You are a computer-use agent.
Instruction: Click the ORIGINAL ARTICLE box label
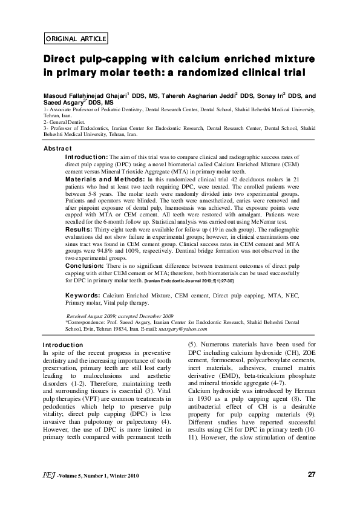pos(76,39)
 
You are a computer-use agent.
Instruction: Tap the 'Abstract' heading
pos(58,149)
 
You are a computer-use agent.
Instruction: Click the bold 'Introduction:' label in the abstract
pos(87,157)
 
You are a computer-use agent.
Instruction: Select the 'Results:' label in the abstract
pos(79,230)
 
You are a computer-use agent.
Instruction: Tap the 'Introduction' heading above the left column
pos(63,345)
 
